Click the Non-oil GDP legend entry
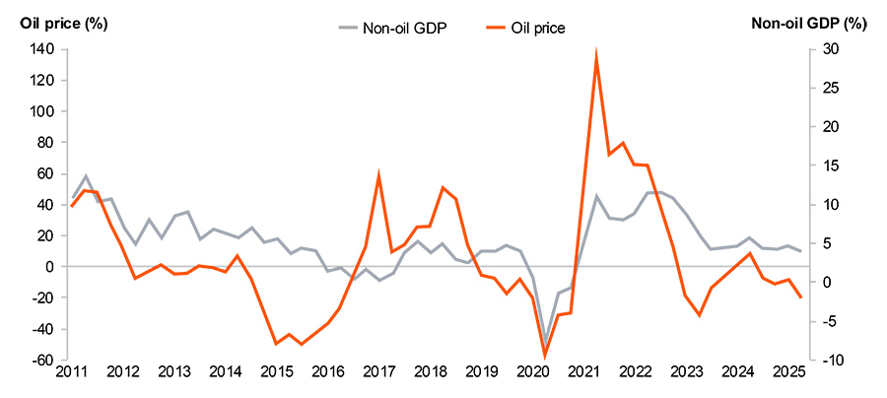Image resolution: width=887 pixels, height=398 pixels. [390, 29]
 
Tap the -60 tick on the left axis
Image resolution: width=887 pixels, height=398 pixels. [39, 361]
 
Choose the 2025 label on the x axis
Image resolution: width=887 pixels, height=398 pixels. [789, 372]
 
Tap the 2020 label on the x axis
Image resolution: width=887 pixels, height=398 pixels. [533, 372]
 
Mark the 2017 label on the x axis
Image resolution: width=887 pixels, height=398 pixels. [378, 372]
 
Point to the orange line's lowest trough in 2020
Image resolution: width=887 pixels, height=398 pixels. [545, 356]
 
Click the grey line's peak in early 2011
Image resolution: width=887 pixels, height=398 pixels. [86, 176]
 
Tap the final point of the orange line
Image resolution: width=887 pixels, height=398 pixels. [800, 297]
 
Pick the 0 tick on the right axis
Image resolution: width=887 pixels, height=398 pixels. [826, 283]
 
